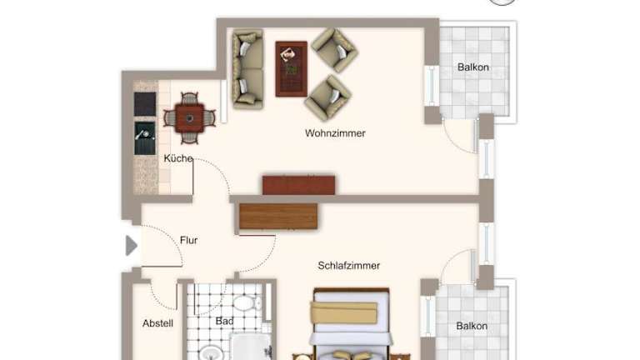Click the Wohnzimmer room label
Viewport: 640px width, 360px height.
(x=335, y=133)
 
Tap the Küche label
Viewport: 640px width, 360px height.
(x=178, y=158)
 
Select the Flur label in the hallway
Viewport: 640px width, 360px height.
(x=188, y=240)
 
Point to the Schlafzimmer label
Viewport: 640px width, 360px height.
(x=349, y=266)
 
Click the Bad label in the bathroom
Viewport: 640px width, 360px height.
(x=224, y=321)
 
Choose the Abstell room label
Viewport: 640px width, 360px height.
(x=158, y=323)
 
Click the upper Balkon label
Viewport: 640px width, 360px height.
(x=473, y=67)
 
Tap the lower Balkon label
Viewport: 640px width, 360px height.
(x=472, y=326)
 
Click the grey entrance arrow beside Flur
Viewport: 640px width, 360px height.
(x=131, y=246)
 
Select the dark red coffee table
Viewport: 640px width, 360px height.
(x=292, y=69)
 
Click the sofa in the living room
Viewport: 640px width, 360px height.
(x=247, y=69)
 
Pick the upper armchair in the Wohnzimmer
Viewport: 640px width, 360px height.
(x=335, y=50)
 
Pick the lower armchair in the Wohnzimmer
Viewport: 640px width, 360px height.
(x=328, y=98)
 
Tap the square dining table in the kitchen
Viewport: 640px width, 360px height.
(x=190, y=118)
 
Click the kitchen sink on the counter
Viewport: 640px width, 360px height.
(x=145, y=138)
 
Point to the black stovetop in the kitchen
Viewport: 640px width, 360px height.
(x=145, y=104)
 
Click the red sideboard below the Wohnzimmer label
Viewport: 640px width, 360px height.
(x=299, y=185)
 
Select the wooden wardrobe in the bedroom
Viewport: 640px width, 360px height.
(x=278, y=217)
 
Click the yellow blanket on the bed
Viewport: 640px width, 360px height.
(x=344, y=312)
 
